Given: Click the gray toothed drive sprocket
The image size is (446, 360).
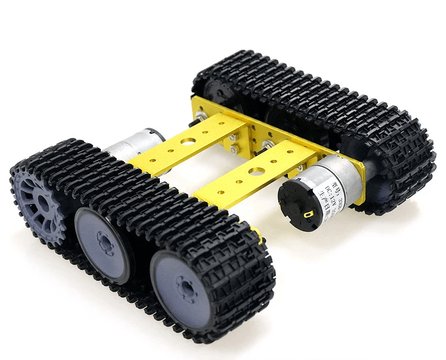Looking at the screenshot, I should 37,203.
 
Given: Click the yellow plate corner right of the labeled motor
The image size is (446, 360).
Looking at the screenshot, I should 359,192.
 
